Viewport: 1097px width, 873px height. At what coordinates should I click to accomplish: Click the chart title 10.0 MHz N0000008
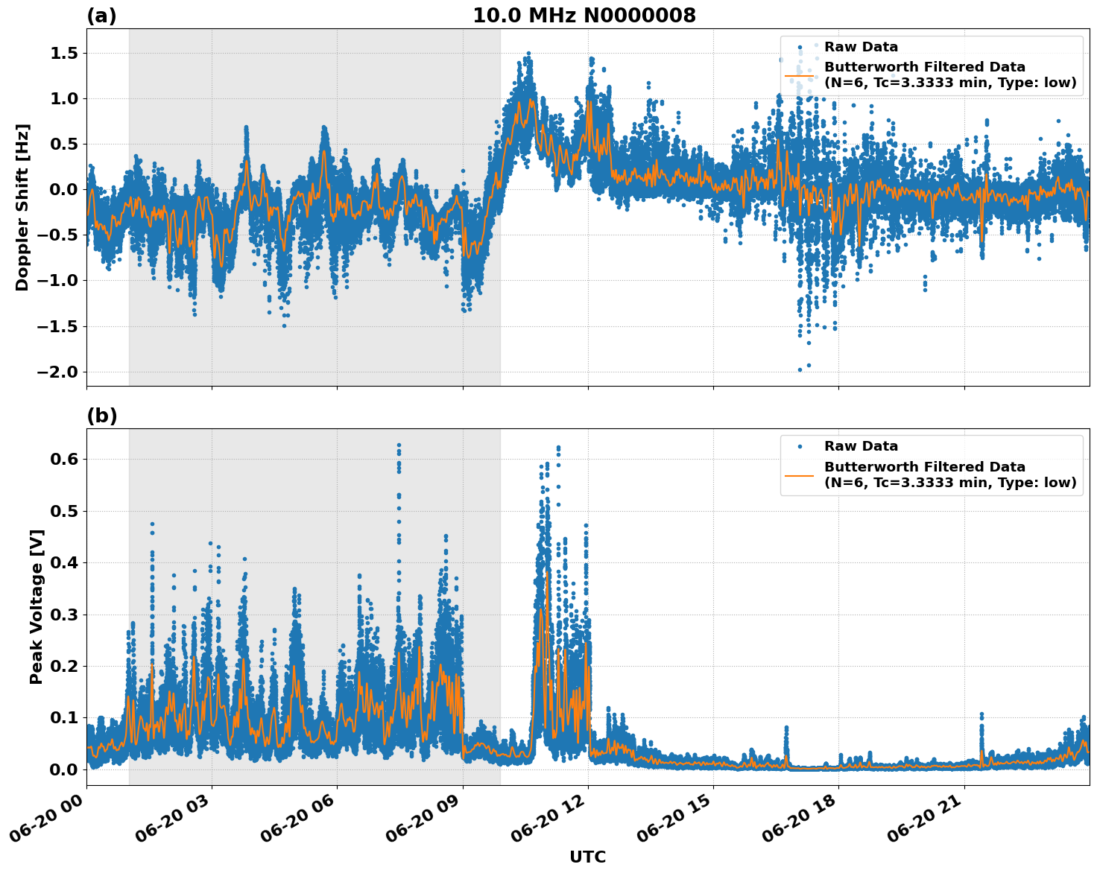(x=584, y=16)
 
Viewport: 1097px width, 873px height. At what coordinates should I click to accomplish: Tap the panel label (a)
(x=101, y=16)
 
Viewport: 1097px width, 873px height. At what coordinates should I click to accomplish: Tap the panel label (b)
(x=101, y=416)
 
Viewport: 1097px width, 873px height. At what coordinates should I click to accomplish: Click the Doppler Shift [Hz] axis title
(x=22, y=207)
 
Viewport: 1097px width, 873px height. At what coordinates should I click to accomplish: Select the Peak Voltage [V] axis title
(x=37, y=606)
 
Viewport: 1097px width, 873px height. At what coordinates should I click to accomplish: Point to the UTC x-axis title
(x=587, y=857)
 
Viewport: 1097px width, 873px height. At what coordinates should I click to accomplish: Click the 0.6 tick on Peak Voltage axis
(x=66, y=460)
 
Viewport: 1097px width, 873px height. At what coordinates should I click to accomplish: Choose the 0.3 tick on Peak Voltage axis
(x=66, y=615)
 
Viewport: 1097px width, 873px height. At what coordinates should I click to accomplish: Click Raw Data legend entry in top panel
(x=861, y=47)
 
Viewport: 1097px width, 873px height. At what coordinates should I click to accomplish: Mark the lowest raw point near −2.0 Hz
(x=800, y=369)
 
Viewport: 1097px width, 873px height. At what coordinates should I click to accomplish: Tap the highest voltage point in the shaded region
(x=399, y=445)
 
